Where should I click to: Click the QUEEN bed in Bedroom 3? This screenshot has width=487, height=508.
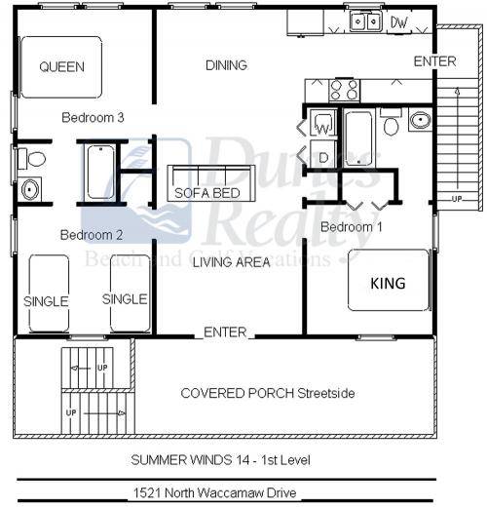(60, 67)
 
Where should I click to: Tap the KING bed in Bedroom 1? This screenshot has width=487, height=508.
(388, 284)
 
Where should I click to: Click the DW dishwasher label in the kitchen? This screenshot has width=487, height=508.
(399, 20)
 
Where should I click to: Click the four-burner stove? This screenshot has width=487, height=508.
(344, 90)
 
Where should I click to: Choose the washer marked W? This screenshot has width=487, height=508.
(323, 125)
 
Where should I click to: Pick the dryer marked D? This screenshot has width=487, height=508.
(323, 156)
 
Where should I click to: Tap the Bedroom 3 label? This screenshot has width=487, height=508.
(92, 118)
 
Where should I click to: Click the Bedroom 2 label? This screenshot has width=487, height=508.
(91, 235)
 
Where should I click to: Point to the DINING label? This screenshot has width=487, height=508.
(226, 65)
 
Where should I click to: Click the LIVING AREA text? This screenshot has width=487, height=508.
(231, 261)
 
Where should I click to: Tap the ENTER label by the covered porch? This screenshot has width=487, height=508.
(225, 332)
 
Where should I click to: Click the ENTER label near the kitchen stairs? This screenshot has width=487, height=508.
(434, 61)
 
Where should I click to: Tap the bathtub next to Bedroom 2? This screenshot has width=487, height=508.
(101, 173)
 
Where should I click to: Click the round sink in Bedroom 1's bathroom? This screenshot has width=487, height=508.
(420, 122)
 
